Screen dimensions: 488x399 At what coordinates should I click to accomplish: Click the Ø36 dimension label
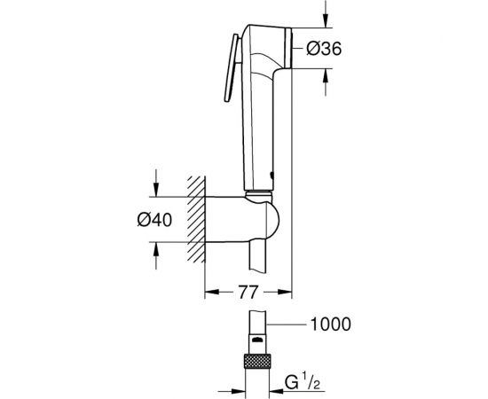click(x=324, y=49)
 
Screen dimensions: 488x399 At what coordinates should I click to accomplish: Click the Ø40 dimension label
click(x=154, y=220)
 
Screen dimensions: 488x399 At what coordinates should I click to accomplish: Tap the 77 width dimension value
click(x=248, y=292)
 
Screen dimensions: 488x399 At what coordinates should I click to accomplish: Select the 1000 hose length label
click(x=331, y=324)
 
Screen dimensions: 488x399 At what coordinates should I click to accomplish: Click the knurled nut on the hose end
click(x=256, y=361)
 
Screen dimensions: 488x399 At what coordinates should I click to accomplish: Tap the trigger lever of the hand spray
click(x=232, y=67)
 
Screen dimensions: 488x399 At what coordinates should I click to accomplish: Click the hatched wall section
click(x=196, y=219)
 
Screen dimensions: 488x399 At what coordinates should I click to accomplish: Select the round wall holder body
click(x=242, y=219)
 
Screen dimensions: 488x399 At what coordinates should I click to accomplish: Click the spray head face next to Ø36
click(x=287, y=48)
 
